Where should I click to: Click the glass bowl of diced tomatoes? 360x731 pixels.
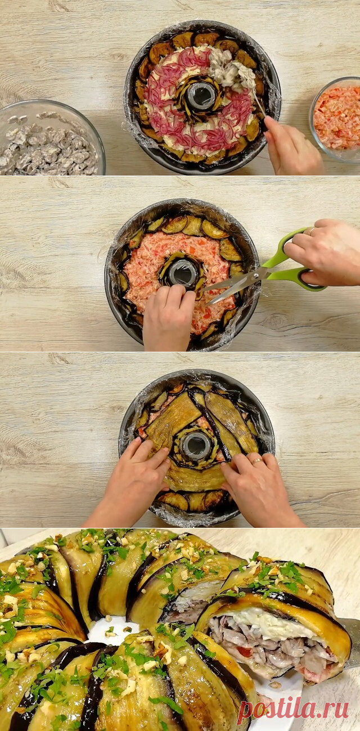[336, 120]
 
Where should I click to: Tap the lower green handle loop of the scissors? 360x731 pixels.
[312, 281]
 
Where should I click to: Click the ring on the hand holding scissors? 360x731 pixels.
[312, 231]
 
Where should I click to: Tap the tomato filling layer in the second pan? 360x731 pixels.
[183, 277]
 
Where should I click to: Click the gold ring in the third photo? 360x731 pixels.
[256, 461]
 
